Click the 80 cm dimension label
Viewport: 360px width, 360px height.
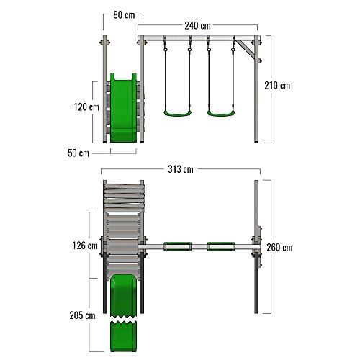coord(124,15)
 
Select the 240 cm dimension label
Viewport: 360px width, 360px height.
coord(197,26)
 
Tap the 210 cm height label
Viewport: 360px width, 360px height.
coord(277,86)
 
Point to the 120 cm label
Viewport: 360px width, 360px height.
coord(86,107)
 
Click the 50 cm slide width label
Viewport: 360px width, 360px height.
coord(78,153)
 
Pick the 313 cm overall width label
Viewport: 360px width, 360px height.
coord(181,169)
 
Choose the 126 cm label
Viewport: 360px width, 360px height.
coord(85,246)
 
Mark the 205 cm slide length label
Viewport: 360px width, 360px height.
coord(82,315)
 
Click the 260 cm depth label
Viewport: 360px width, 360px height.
coord(279,248)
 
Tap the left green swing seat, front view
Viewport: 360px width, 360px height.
coord(177,114)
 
